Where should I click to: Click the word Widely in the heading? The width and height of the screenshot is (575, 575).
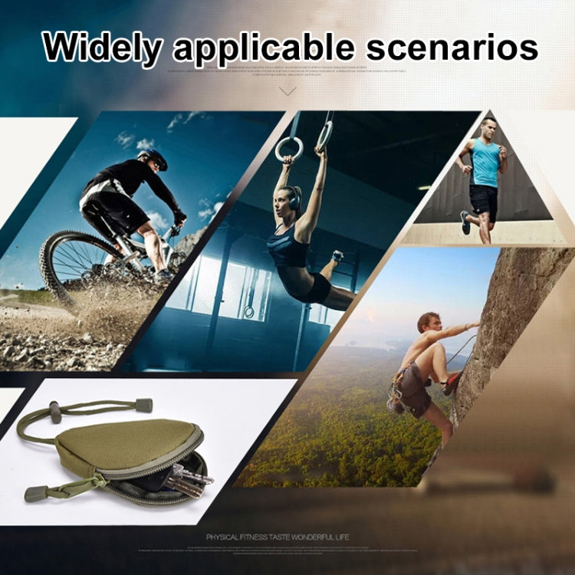(102, 48)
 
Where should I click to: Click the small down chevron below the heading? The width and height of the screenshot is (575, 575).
(287, 90)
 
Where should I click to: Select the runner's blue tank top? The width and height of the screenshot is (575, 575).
(485, 162)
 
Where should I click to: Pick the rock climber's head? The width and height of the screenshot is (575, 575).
(429, 323)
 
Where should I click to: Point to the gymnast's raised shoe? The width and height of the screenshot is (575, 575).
(338, 256)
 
